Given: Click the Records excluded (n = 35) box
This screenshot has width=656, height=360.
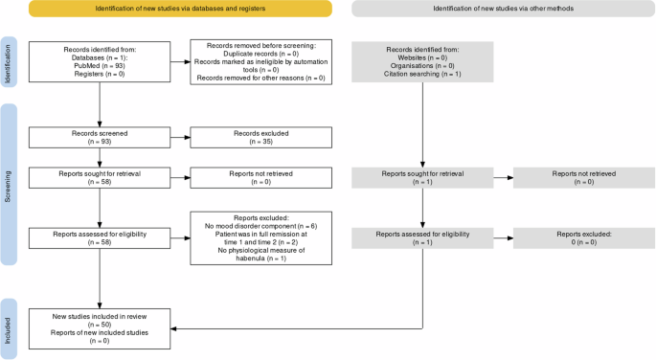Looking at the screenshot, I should [260, 138].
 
